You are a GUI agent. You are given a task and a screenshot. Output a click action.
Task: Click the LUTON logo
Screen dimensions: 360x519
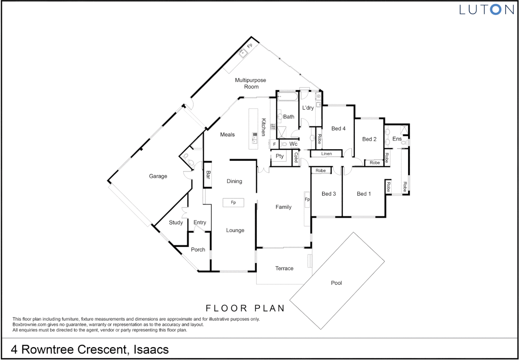point(486,10)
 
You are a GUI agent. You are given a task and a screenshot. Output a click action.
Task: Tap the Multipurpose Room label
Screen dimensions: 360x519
point(251,83)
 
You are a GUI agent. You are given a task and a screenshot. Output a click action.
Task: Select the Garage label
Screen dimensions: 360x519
point(158,176)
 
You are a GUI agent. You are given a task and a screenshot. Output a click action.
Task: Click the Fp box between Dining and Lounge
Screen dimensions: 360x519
point(233,202)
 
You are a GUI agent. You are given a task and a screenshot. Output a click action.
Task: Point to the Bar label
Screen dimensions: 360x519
point(208,175)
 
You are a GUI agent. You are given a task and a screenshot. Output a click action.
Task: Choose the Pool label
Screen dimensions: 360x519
point(336,283)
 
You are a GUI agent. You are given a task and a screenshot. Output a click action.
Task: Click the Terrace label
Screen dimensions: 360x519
point(284,268)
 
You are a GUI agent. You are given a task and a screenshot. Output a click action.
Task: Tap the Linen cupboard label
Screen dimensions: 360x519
point(326,154)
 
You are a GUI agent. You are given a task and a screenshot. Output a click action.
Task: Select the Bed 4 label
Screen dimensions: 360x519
point(338,128)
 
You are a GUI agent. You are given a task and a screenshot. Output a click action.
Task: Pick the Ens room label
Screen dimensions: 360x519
point(397,139)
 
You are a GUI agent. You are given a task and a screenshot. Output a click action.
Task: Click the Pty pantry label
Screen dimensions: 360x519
point(279,156)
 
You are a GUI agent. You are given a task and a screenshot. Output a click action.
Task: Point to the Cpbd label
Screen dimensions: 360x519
point(295,157)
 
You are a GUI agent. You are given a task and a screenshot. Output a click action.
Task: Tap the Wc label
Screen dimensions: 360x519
point(293,144)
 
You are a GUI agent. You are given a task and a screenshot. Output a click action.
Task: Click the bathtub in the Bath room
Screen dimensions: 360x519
point(287,97)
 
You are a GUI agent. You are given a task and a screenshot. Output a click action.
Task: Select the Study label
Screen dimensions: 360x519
point(176,222)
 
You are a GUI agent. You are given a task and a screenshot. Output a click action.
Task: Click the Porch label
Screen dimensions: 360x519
point(198,249)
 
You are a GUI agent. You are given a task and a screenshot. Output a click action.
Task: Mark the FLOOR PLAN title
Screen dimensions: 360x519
point(245,308)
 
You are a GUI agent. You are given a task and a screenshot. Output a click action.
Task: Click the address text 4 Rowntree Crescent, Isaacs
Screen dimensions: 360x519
point(90,349)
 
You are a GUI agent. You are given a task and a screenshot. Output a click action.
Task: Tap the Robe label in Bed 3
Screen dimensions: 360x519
point(320,170)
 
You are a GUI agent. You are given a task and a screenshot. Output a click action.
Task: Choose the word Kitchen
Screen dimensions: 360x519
point(263,127)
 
